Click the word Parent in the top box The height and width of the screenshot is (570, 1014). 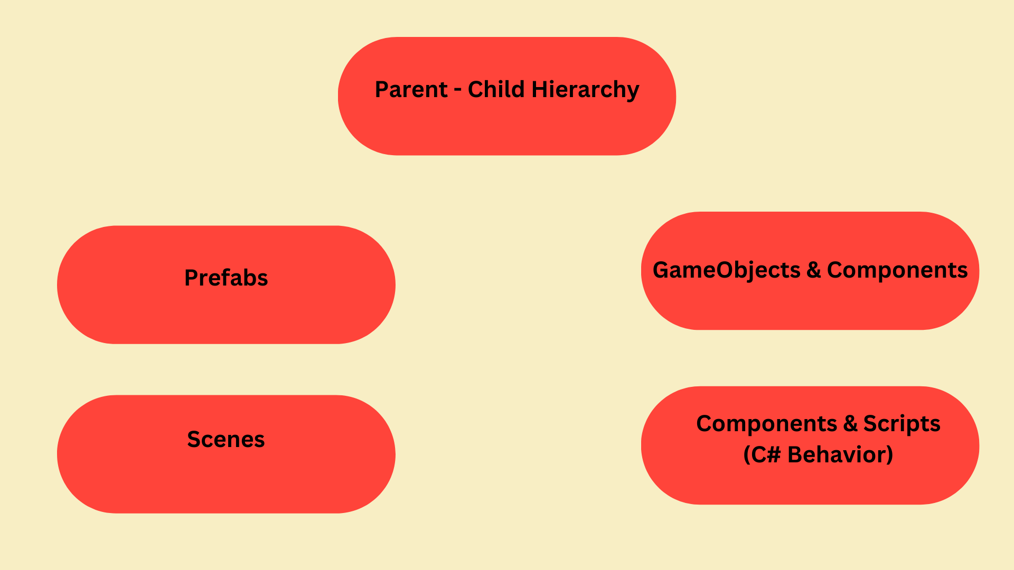point(411,90)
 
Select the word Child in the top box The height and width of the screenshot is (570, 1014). point(496,89)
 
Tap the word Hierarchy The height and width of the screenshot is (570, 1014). point(585,90)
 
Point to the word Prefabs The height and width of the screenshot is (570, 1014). point(226,278)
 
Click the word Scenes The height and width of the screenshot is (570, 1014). point(226,440)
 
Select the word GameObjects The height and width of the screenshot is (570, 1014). point(726,271)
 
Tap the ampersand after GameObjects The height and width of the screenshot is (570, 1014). point(813,270)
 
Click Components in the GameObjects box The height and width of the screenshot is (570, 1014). point(897,270)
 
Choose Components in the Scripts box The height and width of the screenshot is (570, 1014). point(766,424)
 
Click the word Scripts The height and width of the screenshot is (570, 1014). point(902,424)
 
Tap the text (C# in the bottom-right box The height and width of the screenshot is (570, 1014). point(762,455)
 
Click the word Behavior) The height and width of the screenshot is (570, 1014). point(840,455)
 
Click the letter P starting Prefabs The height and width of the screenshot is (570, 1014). point(190,278)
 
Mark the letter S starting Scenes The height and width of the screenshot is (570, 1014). point(193,440)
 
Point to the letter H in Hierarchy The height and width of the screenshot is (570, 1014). point(539,89)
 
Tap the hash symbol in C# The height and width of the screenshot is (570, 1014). point(774,455)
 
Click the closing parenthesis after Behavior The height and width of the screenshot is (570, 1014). point(889,455)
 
